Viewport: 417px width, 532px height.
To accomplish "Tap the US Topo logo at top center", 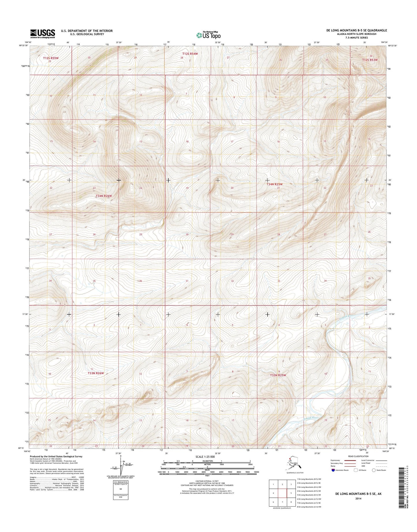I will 208,35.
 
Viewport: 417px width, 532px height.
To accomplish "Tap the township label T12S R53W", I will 370,60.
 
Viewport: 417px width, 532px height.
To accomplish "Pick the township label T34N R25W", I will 274,184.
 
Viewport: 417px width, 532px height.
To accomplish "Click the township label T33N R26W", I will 96,373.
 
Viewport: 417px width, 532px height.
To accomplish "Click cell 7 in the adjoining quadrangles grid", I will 282,502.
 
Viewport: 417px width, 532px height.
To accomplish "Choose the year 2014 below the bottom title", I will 358,499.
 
